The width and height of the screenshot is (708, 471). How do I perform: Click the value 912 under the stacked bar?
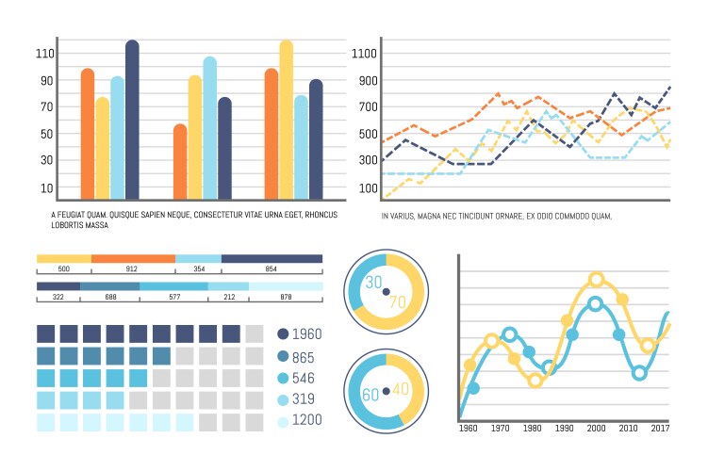[x=132, y=269]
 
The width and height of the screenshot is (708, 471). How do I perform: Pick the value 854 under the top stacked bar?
[x=272, y=269]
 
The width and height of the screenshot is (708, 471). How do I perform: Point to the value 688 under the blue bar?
[x=110, y=298]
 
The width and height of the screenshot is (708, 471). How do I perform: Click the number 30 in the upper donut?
[x=373, y=283]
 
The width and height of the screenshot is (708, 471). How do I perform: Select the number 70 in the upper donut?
[x=398, y=302]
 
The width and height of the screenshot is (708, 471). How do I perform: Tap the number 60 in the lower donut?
[x=371, y=393]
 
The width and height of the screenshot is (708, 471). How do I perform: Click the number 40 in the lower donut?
[x=400, y=388]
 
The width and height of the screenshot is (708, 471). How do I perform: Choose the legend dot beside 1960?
[x=283, y=334]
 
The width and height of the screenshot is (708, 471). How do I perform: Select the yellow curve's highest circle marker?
[x=596, y=280]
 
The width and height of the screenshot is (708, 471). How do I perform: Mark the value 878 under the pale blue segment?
[x=286, y=298]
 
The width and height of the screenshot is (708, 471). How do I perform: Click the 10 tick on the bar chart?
[x=47, y=188]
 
